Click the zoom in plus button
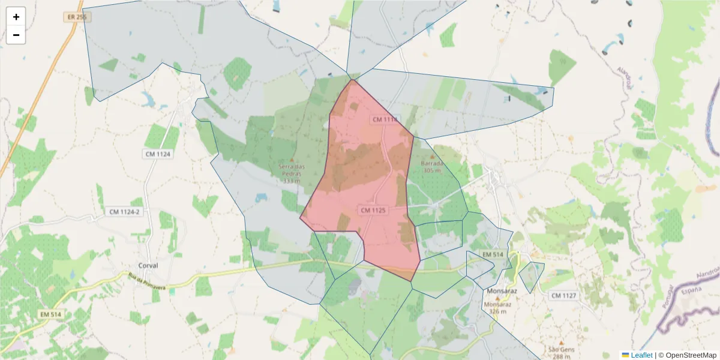tap(16, 17)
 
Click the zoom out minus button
tap(16, 35)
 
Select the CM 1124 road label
tap(158, 154)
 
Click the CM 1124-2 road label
tap(124, 212)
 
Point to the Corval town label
tap(148, 266)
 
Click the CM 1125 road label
tap(373, 210)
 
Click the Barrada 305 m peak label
tap(432, 166)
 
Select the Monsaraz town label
tap(502, 291)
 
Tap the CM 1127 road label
tap(563, 295)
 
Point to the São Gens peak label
tap(562, 353)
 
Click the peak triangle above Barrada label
tap(431, 157)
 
